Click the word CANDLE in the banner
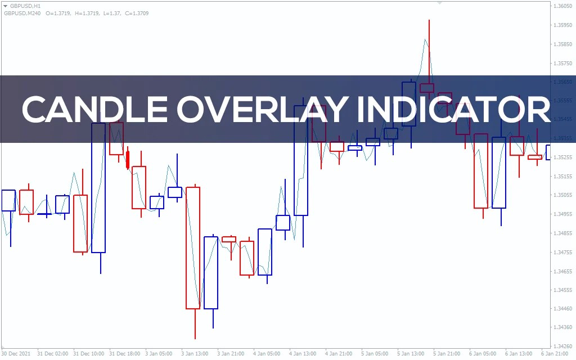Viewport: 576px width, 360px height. click(x=90, y=109)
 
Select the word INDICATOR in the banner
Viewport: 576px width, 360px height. click(x=453, y=109)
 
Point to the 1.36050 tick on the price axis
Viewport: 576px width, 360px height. click(x=563, y=6)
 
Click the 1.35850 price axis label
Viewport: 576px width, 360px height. click(x=563, y=44)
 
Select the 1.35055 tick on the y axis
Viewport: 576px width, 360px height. click(x=563, y=195)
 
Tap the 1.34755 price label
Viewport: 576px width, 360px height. click(x=563, y=252)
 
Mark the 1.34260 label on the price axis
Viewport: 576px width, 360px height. click(x=563, y=346)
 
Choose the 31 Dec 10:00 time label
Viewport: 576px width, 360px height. click(x=88, y=354)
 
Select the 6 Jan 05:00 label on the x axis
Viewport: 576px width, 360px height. click(x=483, y=354)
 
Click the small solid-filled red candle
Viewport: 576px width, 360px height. click(x=128, y=159)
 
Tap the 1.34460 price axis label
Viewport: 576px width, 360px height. click(x=563, y=308)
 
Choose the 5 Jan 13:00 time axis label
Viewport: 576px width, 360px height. click(x=411, y=354)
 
